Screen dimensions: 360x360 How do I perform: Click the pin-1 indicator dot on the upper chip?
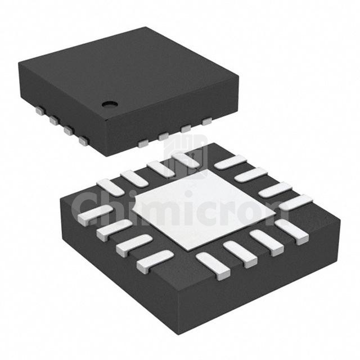click(110, 105)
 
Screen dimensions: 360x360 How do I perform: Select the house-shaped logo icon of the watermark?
click(186, 156)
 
